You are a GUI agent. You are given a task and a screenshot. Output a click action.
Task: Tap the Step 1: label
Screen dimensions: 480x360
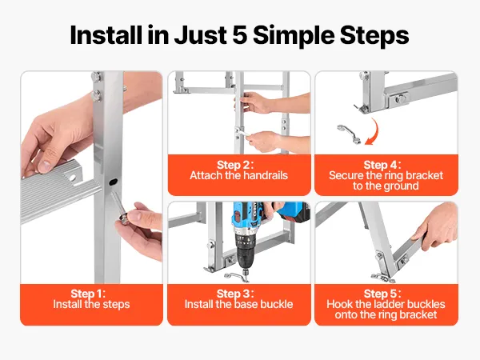pos(88,294)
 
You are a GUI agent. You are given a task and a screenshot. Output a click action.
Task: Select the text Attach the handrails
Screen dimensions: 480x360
pos(238,175)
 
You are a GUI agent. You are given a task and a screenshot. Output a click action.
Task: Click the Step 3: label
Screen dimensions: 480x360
pos(235,294)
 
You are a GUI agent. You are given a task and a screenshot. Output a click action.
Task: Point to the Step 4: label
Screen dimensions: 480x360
pos(382,165)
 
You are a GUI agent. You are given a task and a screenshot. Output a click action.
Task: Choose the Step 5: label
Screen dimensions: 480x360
pos(382,294)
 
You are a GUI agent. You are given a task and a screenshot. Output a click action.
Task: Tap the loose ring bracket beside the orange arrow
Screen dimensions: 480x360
pos(349,134)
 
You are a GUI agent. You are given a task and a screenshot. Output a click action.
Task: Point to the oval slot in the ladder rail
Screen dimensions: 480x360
pos(113,182)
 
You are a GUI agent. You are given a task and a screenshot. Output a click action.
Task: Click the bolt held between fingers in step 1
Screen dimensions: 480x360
pos(120,208)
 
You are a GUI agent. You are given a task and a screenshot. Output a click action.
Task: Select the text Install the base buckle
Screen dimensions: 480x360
pos(238,304)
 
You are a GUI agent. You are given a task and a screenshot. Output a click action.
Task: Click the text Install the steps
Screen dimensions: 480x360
pos(91,304)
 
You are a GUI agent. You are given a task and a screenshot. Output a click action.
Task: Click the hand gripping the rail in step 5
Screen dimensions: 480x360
pos(437,227)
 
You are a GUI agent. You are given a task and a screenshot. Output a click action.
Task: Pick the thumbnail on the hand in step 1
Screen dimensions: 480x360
pos(44,166)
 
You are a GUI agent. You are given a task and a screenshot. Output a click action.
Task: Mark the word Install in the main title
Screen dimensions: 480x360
pos(106,35)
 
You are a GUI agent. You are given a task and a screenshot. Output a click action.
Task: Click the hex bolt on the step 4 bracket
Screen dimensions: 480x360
pos(400,98)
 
